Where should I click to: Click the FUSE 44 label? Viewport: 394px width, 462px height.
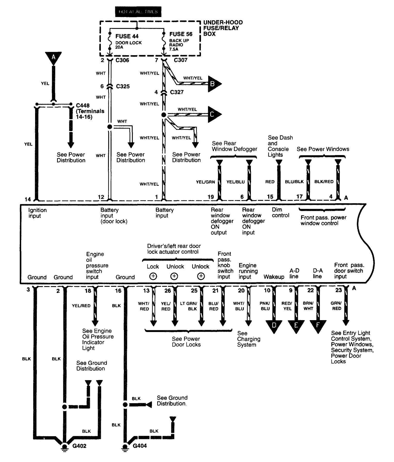click(127, 36)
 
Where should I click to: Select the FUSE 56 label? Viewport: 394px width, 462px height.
click(181, 34)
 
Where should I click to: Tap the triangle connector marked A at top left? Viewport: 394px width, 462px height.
click(53, 58)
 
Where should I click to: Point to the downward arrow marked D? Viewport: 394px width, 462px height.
click(274, 326)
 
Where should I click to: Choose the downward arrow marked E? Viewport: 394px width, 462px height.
click(296, 326)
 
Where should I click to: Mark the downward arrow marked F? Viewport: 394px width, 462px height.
click(318, 326)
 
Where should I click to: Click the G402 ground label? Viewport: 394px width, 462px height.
click(79, 446)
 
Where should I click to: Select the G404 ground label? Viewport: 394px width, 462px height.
click(140, 445)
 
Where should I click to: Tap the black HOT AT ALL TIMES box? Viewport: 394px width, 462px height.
click(138, 12)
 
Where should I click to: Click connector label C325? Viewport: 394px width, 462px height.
click(123, 86)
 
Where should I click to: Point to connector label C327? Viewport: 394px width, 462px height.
click(177, 92)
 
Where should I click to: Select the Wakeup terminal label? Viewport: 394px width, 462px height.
click(274, 277)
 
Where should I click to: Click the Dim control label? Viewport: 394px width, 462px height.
click(280, 212)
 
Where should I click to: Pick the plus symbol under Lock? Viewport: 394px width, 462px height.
click(153, 276)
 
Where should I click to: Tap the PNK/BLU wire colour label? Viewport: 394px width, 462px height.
click(265, 306)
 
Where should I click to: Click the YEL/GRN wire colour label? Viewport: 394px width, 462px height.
click(205, 182)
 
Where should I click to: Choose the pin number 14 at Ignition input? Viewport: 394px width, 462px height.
click(28, 199)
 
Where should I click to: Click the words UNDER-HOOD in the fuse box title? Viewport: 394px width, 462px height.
click(223, 22)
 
